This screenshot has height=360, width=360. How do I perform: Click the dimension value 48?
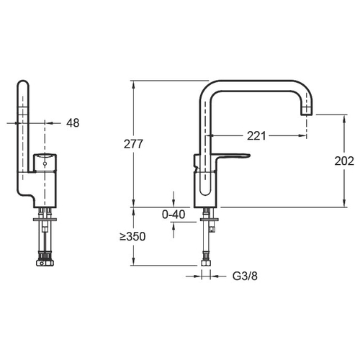pyautogui.click(x=73, y=123)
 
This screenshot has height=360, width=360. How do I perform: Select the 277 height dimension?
pyautogui.click(x=133, y=144)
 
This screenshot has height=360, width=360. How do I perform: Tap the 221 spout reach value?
pyautogui.click(x=256, y=136)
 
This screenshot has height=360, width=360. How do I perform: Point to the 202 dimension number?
pyautogui.click(x=344, y=161)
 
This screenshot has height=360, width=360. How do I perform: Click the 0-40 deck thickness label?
pyautogui.click(x=174, y=215)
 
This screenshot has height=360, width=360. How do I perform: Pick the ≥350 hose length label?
pyautogui.click(x=132, y=237)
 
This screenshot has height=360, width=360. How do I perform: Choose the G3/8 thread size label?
pyautogui.click(x=245, y=276)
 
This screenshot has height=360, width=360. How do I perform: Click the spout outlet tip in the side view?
pyautogui.click(x=307, y=111)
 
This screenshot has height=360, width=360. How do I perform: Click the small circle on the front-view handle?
pyautogui.click(x=45, y=164)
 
